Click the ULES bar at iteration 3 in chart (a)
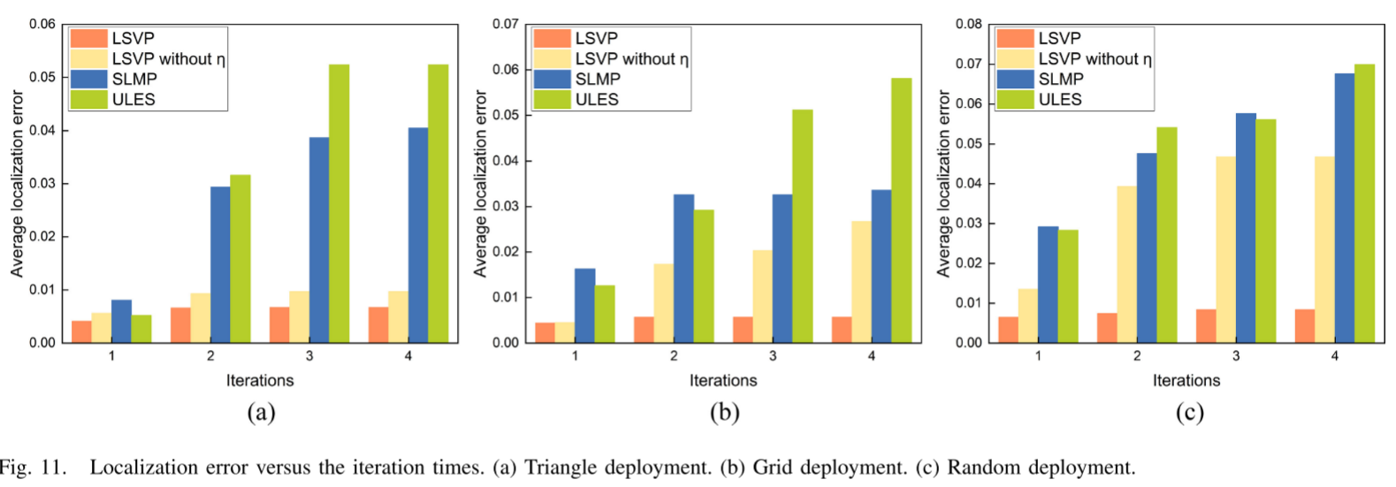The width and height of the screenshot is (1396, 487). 339,203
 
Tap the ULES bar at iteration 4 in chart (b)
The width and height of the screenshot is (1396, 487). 901,210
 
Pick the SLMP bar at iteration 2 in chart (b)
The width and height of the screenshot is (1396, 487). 683,268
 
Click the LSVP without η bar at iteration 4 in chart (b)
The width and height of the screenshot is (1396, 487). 861,281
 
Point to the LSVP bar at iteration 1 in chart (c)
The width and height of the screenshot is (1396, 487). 1008,329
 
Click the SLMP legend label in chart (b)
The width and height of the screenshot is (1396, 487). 598,79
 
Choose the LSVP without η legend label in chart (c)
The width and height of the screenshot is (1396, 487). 1095,58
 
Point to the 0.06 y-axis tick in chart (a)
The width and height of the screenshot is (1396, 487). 42,24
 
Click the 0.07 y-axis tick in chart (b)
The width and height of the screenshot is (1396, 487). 506,24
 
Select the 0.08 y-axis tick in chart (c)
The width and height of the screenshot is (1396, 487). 969,24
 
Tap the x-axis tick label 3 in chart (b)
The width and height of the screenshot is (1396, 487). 773,355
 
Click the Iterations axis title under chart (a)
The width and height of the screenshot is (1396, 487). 260,380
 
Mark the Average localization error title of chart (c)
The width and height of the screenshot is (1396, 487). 943,184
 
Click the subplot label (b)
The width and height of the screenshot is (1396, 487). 724,412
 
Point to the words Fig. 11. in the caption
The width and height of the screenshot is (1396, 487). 33,468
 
